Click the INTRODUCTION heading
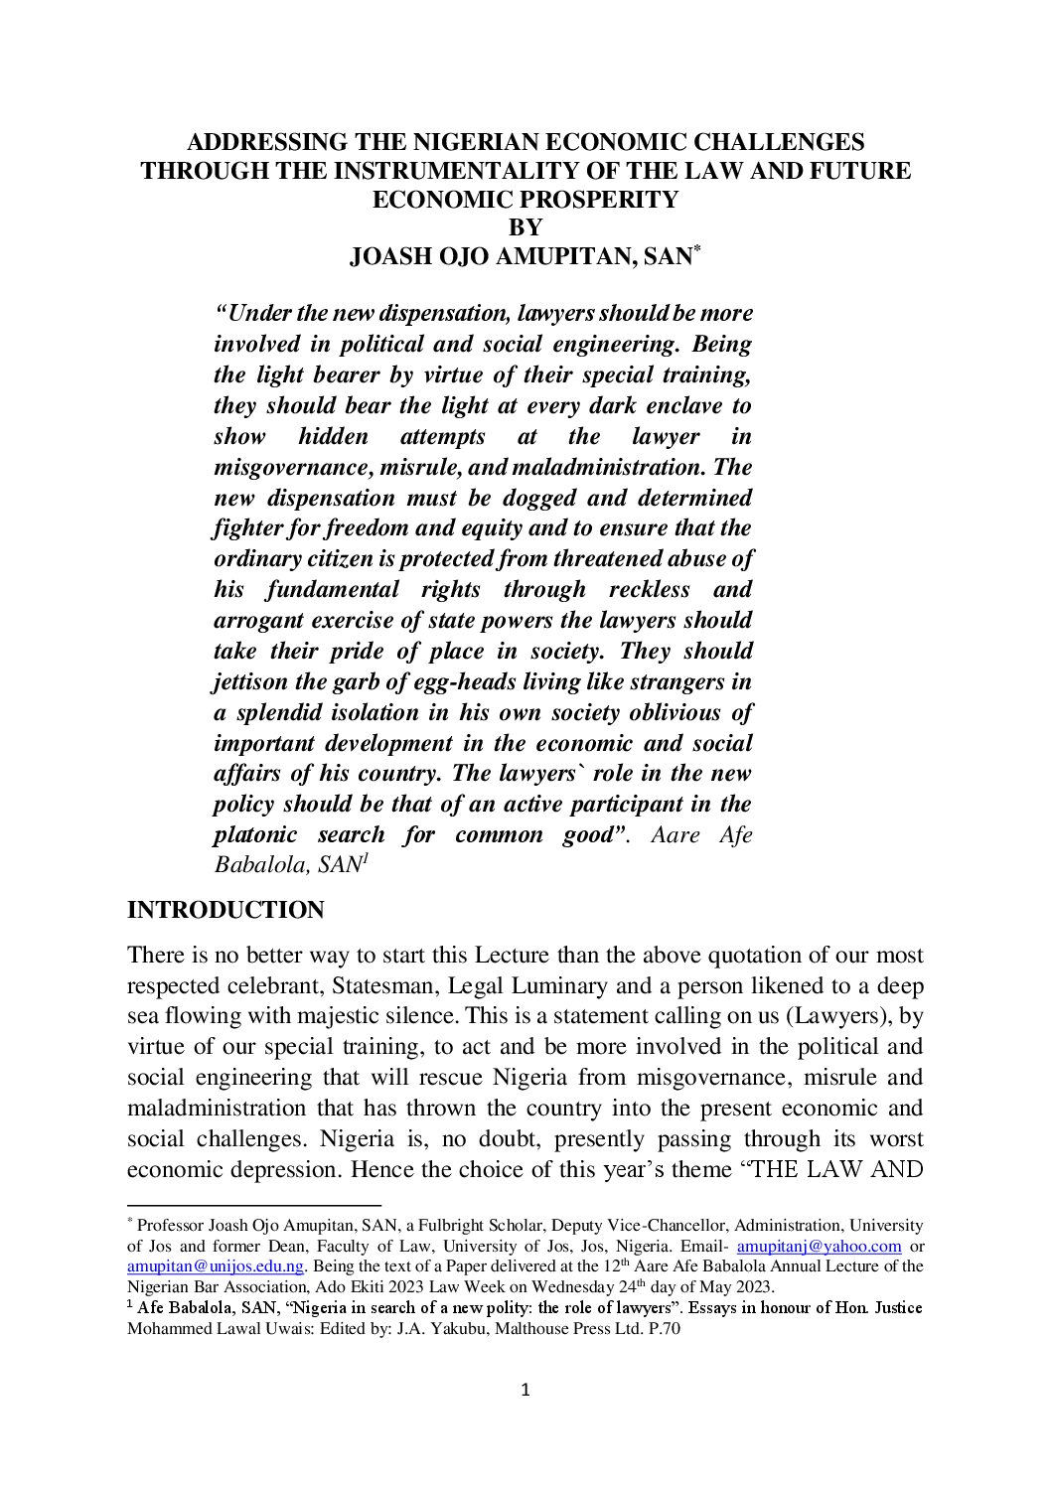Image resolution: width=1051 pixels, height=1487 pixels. (x=225, y=911)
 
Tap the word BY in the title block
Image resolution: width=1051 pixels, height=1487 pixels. (x=525, y=227)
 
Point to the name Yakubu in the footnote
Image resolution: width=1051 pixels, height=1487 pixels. (x=396, y=1327)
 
